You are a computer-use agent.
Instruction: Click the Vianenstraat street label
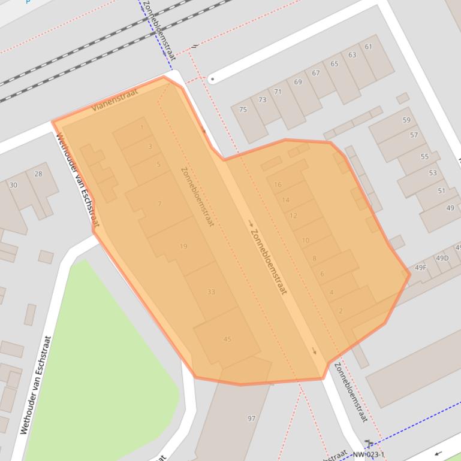[x=115, y=100]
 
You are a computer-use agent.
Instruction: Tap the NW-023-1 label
[x=368, y=454]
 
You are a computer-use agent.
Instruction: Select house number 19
[x=183, y=246]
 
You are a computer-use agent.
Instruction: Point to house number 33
[x=211, y=292]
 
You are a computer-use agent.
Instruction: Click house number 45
[x=227, y=339]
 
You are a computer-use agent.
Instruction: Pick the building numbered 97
[x=251, y=418]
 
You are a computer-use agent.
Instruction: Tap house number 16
[x=278, y=184]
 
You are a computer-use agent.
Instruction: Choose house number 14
[x=285, y=200]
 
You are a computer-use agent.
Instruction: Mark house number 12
[x=293, y=216]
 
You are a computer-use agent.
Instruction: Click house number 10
[x=306, y=241]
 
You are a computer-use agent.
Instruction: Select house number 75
[x=243, y=110]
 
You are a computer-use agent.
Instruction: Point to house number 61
[x=368, y=47]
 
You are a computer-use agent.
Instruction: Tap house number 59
[x=406, y=120]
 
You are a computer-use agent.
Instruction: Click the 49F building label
[x=421, y=267]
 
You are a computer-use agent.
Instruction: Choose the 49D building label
[x=442, y=258]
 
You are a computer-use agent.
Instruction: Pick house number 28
[x=38, y=174]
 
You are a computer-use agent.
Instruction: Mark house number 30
[x=13, y=185]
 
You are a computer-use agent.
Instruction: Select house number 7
[x=159, y=204]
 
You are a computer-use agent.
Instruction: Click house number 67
[x=316, y=73]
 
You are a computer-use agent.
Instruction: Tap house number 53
[x=433, y=173]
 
